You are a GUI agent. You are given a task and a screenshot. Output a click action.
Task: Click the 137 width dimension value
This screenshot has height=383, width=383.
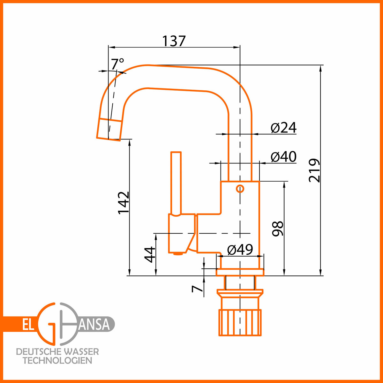(x=174, y=41)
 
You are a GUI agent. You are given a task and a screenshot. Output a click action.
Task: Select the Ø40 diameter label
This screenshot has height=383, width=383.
(x=283, y=157)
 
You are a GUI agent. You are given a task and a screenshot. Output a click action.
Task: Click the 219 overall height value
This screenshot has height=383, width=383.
(x=314, y=170)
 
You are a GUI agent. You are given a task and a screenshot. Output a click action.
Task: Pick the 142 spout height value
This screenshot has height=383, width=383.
(x=124, y=203)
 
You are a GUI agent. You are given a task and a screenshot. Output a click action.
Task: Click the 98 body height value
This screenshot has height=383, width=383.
(x=277, y=229)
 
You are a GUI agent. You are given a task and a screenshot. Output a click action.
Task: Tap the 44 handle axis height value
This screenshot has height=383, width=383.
(x=149, y=255)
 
